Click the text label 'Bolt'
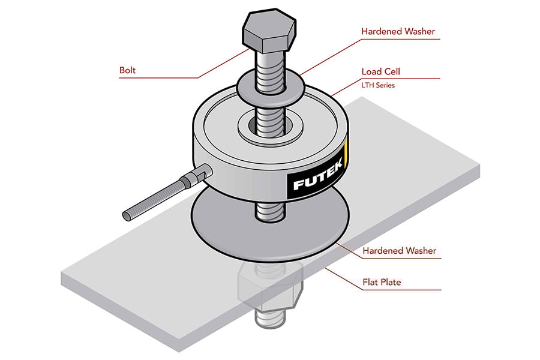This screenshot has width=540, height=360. pyautogui.click(x=128, y=71)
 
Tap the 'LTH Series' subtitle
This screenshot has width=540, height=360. pyautogui.click(x=377, y=85)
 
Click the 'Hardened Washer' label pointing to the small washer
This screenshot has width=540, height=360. pyautogui.click(x=398, y=31)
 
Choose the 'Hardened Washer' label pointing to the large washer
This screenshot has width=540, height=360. pyautogui.click(x=398, y=250)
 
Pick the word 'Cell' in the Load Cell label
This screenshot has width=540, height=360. pyautogui.click(x=391, y=71)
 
